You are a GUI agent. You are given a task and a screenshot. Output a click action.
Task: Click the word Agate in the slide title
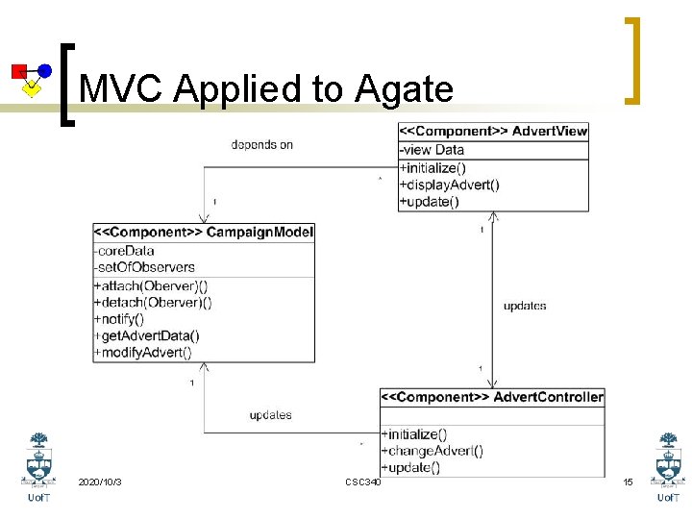point(404,89)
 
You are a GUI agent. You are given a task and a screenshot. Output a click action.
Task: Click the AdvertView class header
point(494,131)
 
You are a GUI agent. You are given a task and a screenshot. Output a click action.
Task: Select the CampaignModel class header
point(204,232)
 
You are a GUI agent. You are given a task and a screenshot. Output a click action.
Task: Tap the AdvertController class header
point(493,396)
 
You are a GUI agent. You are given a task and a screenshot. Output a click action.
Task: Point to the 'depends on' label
point(261,145)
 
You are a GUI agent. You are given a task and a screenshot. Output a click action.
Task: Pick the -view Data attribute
point(432,149)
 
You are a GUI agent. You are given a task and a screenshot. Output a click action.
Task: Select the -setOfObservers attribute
point(144,267)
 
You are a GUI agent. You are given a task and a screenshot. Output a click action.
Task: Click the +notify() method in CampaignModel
point(119,318)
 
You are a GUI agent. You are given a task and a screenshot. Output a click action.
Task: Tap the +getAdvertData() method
point(146,335)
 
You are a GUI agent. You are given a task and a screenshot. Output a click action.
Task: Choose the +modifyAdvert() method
point(142,352)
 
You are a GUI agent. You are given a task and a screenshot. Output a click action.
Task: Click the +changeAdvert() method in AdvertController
point(432,451)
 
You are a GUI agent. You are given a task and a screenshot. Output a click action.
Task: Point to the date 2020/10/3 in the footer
point(100,481)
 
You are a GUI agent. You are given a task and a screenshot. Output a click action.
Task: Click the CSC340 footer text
point(362,481)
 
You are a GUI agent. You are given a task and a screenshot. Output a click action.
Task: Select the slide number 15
point(628,481)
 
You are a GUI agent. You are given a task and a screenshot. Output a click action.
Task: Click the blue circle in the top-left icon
point(44,70)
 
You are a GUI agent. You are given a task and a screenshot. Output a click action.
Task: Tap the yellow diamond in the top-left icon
point(32,89)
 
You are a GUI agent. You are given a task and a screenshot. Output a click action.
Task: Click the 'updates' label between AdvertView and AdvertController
point(525,306)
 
